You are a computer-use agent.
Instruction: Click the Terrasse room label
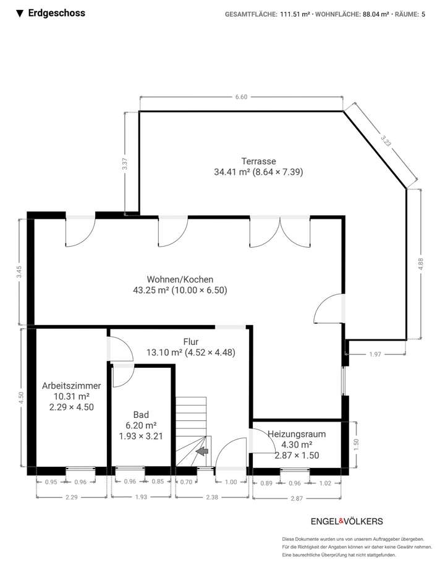pos(241,161)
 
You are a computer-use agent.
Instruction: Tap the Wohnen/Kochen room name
pos(180,278)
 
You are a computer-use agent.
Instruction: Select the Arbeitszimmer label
pos(71,386)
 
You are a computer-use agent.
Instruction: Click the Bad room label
pos(141,415)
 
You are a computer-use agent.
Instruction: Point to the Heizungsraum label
pos(296,434)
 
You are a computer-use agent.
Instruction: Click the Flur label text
pos(190,341)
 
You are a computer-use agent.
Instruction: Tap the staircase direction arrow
pos(201,453)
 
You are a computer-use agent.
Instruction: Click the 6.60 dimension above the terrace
pos(241,97)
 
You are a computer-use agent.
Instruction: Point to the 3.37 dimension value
pos(125,164)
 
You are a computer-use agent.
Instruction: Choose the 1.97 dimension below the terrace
pos(375,354)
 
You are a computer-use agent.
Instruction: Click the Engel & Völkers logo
pos(346,521)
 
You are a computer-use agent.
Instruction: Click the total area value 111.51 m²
pos(295,14)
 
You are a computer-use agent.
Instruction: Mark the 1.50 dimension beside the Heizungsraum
pos(356,443)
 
